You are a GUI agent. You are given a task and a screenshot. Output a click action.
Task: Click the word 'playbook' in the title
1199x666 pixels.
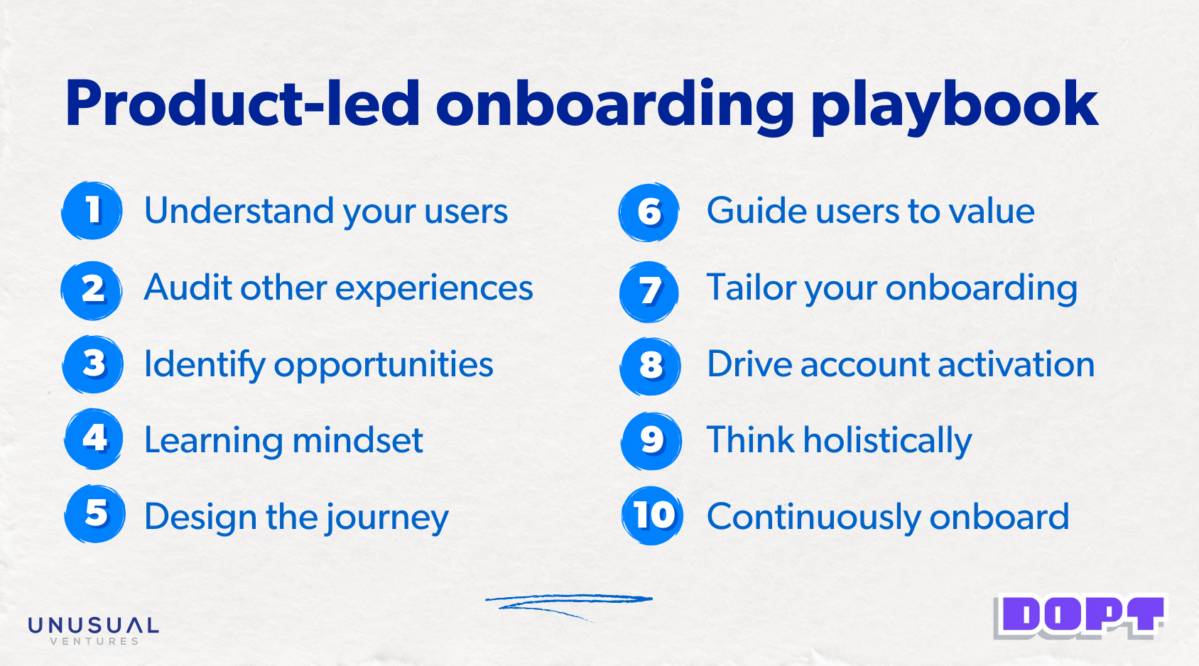pos(955,107)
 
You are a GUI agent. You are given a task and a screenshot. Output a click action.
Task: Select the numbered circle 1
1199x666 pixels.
pos(92,210)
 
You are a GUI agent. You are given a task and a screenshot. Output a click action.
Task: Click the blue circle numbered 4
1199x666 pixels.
pos(94,439)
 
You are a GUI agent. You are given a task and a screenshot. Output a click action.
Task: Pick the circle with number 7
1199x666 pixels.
pos(649,292)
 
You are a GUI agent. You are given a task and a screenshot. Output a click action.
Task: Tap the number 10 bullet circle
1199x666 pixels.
pos(653,515)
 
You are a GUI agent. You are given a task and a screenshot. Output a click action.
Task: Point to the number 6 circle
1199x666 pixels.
pos(649,212)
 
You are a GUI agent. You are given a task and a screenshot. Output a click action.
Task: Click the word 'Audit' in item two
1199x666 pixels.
pos(188,288)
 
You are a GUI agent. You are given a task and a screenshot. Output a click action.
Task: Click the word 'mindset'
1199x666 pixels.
pos(357,440)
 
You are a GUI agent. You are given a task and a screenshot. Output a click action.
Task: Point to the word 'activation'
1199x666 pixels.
pos(1016,364)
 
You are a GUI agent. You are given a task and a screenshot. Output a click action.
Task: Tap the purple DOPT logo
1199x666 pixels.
pos(1079,617)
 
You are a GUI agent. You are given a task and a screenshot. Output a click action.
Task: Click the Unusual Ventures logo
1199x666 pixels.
pos(94,630)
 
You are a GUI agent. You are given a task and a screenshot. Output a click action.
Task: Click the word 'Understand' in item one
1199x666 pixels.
pos(239,210)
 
